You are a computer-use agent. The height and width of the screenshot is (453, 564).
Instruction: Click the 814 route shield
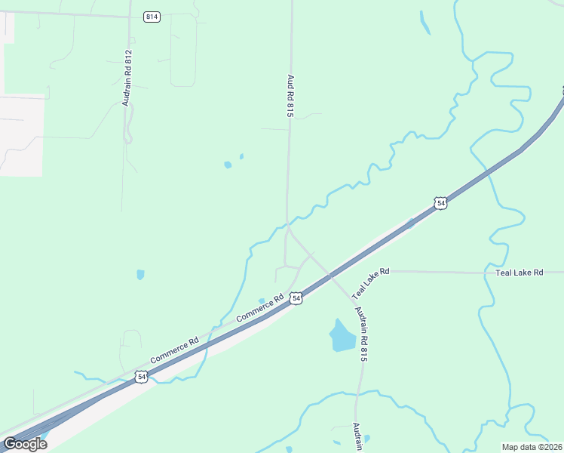tap(152, 17)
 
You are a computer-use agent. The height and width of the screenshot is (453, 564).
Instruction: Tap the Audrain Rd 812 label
tap(128, 78)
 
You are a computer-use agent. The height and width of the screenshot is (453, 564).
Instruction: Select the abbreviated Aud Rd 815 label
tap(290, 95)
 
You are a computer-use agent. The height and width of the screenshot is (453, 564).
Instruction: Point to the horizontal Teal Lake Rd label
tap(519, 272)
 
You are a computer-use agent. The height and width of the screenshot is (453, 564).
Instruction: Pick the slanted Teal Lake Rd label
tap(370, 282)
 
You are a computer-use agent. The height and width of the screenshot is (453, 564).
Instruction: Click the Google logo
tap(25, 444)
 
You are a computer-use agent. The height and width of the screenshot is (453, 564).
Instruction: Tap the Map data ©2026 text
tap(532, 447)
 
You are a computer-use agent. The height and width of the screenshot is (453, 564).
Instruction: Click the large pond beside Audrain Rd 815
tap(341, 334)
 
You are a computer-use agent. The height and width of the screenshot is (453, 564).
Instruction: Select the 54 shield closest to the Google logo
tap(141, 376)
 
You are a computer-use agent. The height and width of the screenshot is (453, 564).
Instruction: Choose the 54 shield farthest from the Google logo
tap(441, 203)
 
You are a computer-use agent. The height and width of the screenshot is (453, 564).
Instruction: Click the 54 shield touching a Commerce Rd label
tap(296, 299)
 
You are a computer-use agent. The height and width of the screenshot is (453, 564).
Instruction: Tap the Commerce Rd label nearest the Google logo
tap(174, 349)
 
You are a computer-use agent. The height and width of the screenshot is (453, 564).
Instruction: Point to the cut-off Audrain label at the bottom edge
tap(358, 436)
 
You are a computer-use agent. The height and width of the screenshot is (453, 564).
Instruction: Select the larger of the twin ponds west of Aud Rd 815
tap(228, 165)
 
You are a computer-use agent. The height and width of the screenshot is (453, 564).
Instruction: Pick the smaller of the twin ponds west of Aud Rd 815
tap(241, 157)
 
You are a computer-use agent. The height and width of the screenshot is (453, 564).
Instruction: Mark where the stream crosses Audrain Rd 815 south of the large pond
tap(358, 393)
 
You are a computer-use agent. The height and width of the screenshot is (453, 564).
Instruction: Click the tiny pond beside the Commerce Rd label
tap(262, 300)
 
